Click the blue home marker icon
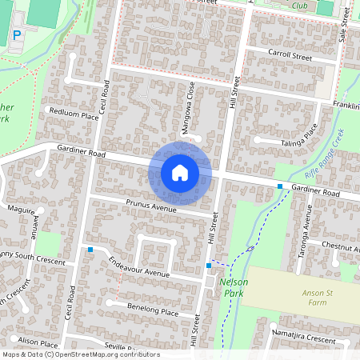click(x=180, y=172)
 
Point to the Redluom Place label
click(x=73, y=114)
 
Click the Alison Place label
click(x=38, y=341)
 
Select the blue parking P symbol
click(x=17, y=35)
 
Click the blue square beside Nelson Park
click(x=209, y=265)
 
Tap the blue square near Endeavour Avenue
click(x=90, y=250)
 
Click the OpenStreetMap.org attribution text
click(x=109, y=354)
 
